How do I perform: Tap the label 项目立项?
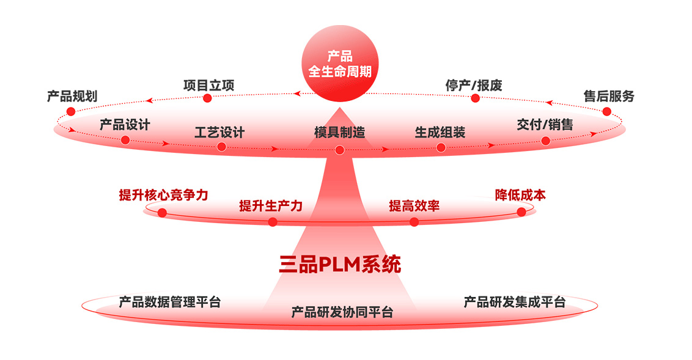[x=208, y=86]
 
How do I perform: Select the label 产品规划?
[x=72, y=97]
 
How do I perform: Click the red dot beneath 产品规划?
[x=71, y=111]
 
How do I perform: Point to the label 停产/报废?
[x=474, y=86]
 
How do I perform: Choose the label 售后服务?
[x=609, y=97]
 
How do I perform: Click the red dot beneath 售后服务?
[x=606, y=111]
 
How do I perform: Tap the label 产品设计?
[x=125, y=125]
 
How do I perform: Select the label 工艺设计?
[x=219, y=132]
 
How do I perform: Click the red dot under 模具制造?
[x=340, y=150]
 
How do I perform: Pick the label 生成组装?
[x=440, y=132]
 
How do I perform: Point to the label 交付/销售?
[x=545, y=125]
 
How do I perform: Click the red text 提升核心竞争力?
[x=163, y=195]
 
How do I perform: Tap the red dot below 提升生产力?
[x=273, y=222]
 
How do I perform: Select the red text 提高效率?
[x=414, y=206]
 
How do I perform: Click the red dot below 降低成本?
[x=521, y=211]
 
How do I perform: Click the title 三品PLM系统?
[x=340, y=264]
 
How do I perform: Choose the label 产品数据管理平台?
[x=170, y=302]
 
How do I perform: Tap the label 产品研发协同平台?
[x=342, y=312]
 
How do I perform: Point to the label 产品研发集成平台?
[x=515, y=302]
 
